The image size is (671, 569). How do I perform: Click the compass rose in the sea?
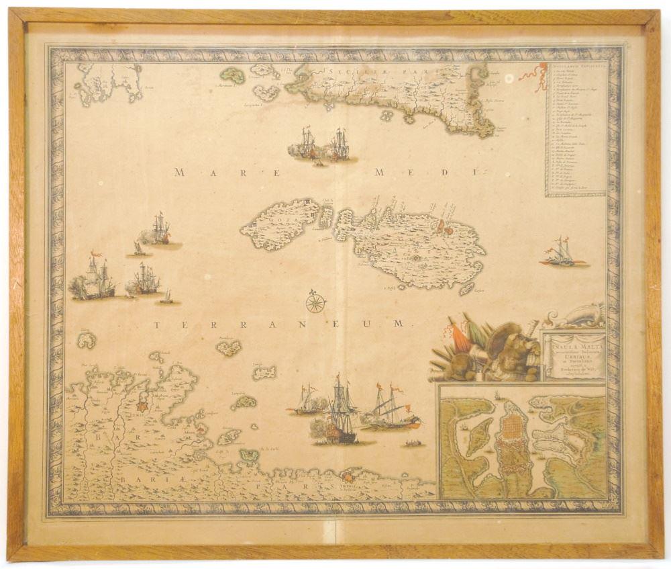point(315,302)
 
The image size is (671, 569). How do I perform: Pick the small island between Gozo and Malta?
point(326,216)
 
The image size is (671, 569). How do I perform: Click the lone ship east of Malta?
point(561,253)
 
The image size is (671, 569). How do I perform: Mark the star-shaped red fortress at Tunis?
point(142,406)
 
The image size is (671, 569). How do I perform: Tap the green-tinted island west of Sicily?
point(234,75)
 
